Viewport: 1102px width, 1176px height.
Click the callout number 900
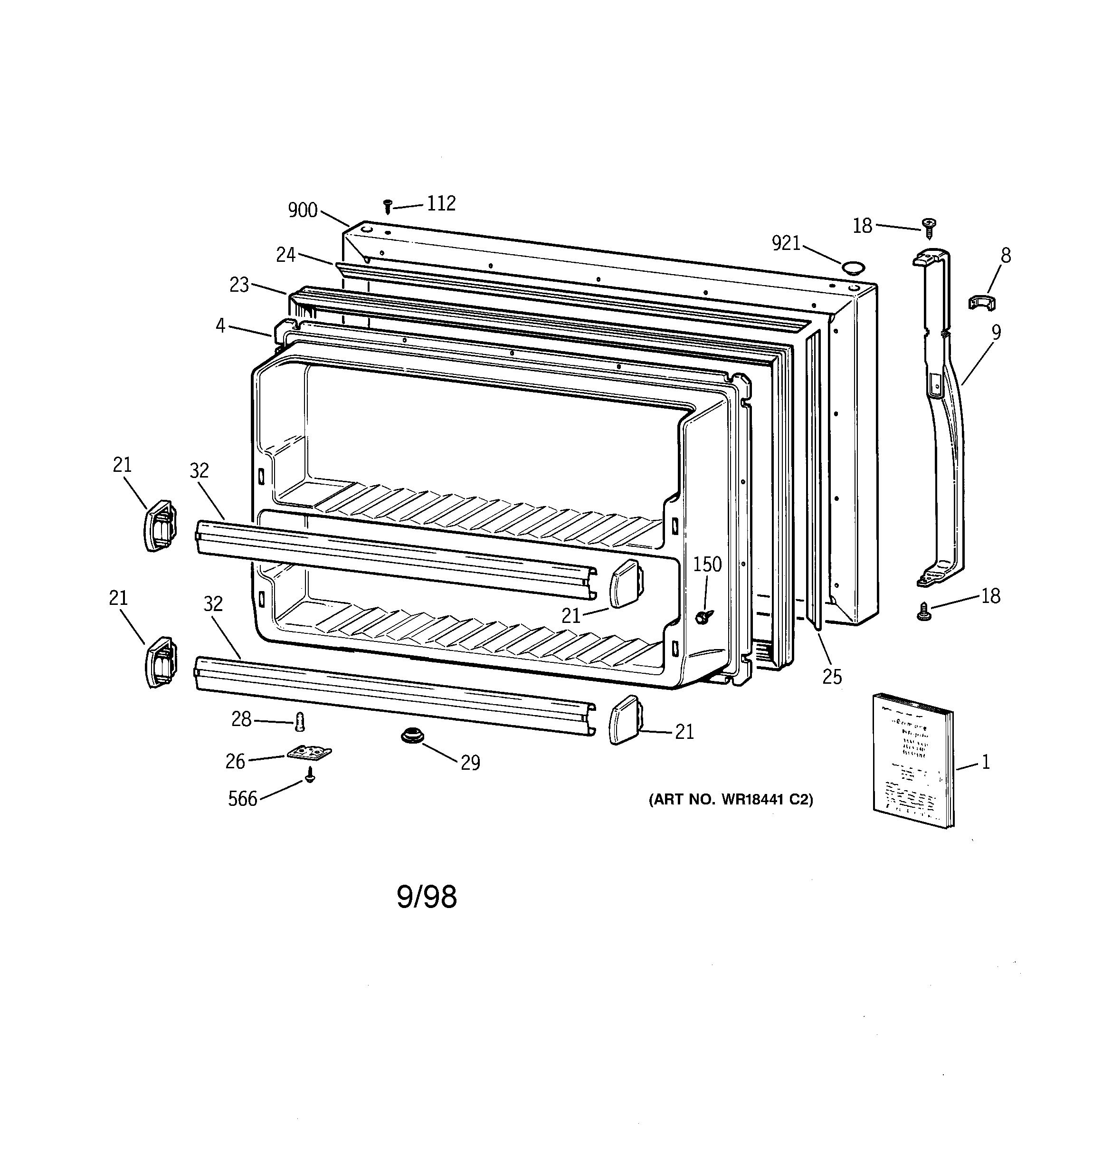pos(302,210)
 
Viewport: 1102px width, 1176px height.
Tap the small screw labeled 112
pos(388,206)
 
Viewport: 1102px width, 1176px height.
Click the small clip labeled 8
pos(981,303)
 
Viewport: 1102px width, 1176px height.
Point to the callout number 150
pos(707,564)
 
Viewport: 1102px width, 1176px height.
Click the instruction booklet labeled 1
pos(913,760)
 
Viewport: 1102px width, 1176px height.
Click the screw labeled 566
pos(309,775)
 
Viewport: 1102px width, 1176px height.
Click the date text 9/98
pos(427,898)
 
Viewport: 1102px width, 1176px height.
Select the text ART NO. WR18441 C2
pos(731,800)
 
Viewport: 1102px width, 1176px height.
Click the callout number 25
pos(832,677)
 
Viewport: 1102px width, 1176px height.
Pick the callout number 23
pos(239,285)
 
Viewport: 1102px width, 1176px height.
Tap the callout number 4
pos(220,325)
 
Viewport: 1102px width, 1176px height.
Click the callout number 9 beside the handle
pos(996,333)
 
